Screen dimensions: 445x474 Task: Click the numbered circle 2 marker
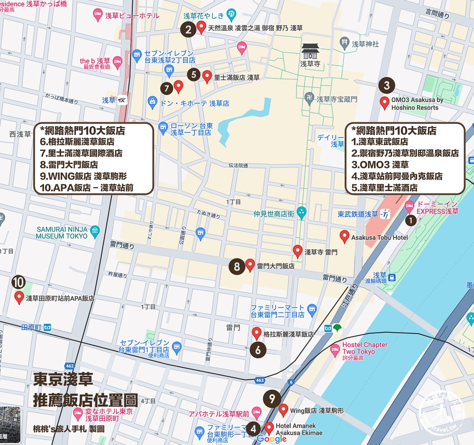pos(188,30)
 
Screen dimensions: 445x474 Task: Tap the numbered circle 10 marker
pos(18,282)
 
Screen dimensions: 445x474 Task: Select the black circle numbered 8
pos(237,266)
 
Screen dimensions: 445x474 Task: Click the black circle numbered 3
pos(387,85)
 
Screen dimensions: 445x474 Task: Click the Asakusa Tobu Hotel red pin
pos(345,236)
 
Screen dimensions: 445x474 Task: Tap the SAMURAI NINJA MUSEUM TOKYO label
pos(62,232)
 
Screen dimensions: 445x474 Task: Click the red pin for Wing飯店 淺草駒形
pos(283,409)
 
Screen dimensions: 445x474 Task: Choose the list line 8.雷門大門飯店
pos(69,164)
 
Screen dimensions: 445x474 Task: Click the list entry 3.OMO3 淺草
pos(380,164)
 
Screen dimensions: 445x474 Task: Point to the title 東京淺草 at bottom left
pos(63,379)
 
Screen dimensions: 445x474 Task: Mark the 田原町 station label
pos(32,327)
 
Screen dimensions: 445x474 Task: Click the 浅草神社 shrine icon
pos(345,44)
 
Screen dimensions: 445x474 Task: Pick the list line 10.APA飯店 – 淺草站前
pos(87,187)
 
